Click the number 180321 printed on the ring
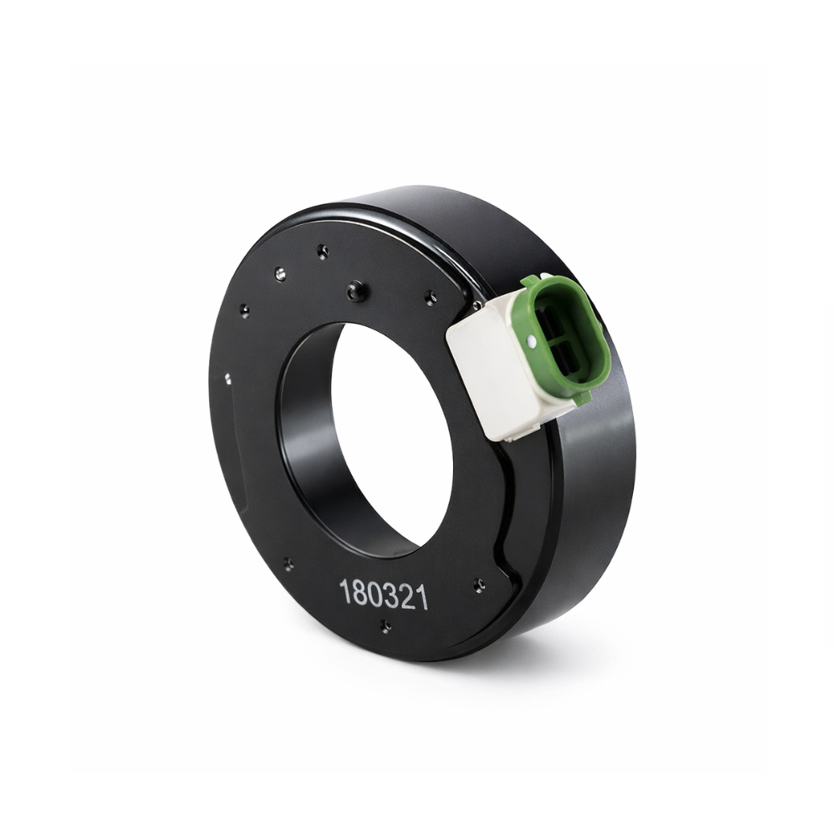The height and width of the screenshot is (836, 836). click(x=384, y=595)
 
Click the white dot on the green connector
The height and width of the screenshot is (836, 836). click(x=531, y=339)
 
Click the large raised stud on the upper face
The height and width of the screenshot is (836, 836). click(x=355, y=291)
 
